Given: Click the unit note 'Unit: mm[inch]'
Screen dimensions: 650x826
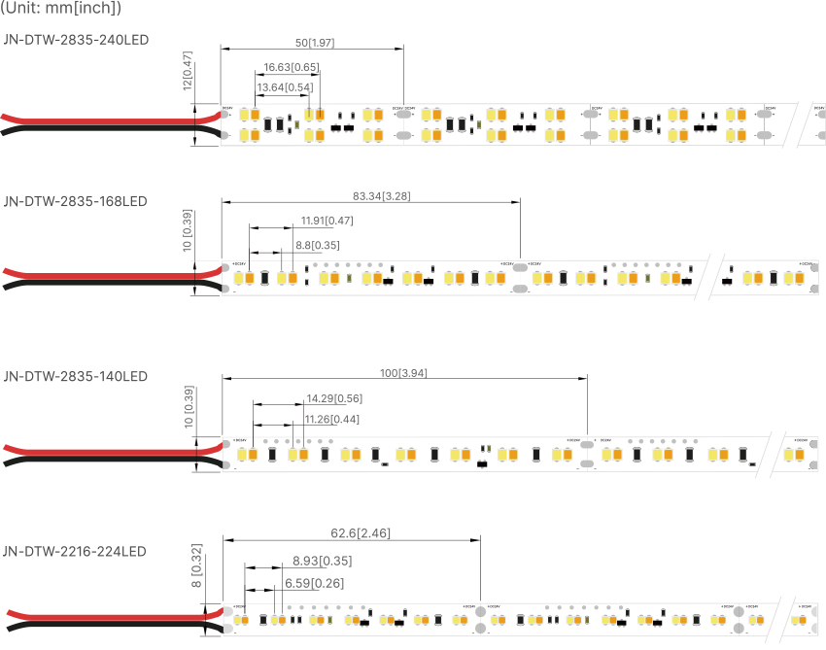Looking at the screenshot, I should click(x=61, y=9).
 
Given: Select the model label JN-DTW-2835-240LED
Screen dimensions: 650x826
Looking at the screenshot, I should click(x=76, y=39).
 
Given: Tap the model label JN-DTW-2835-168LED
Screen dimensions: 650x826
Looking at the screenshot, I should click(x=76, y=201).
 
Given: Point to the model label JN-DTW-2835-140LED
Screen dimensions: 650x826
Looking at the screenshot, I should click(x=76, y=375).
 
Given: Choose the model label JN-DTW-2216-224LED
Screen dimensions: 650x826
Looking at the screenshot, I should click(x=76, y=551).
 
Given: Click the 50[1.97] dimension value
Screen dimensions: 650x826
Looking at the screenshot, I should click(x=314, y=42).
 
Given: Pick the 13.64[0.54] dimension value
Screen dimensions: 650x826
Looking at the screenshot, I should click(x=285, y=87).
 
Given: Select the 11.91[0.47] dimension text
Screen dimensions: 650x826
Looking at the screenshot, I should click(x=327, y=221).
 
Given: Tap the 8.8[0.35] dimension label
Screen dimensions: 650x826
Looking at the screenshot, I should click(x=317, y=245).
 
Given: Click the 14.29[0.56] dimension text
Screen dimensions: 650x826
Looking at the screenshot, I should click(x=333, y=398).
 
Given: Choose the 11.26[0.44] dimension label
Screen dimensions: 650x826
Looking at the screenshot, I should click(x=332, y=419).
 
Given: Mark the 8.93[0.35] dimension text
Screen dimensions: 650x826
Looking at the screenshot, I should click(x=322, y=561).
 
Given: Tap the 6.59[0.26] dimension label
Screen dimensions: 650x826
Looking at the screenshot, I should click(x=313, y=583).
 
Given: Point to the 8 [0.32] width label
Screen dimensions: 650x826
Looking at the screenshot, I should click(x=197, y=567).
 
